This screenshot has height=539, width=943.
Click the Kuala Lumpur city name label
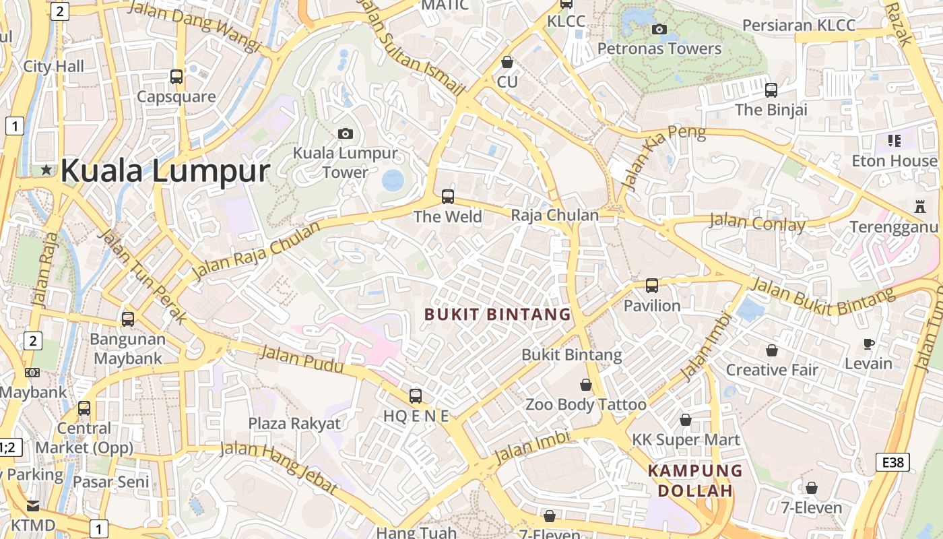click(165, 170)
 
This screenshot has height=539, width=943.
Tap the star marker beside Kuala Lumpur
click(46, 170)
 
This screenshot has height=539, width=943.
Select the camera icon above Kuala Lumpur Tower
click(345, 133)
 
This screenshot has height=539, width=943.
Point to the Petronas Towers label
click(659, 49)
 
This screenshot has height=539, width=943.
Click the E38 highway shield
click(893, 462)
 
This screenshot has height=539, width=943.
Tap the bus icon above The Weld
click(448, 197)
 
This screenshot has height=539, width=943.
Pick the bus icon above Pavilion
click(652, 285)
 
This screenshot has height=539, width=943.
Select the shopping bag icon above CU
click(507, 62)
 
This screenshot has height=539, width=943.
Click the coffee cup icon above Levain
click(869, 344)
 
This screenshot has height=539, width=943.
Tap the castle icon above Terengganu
click(920, 206)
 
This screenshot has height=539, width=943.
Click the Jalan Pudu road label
click(301, 358)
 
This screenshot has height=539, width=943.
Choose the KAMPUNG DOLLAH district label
click(695, 480)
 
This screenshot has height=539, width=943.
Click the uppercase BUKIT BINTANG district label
click(498, 314)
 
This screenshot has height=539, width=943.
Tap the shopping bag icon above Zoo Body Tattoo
click(586, 385)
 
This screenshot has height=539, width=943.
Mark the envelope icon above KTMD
click(33, 505)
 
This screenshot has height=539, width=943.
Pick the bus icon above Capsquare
click(176, 77)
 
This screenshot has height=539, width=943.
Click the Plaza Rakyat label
click(294, 423)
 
